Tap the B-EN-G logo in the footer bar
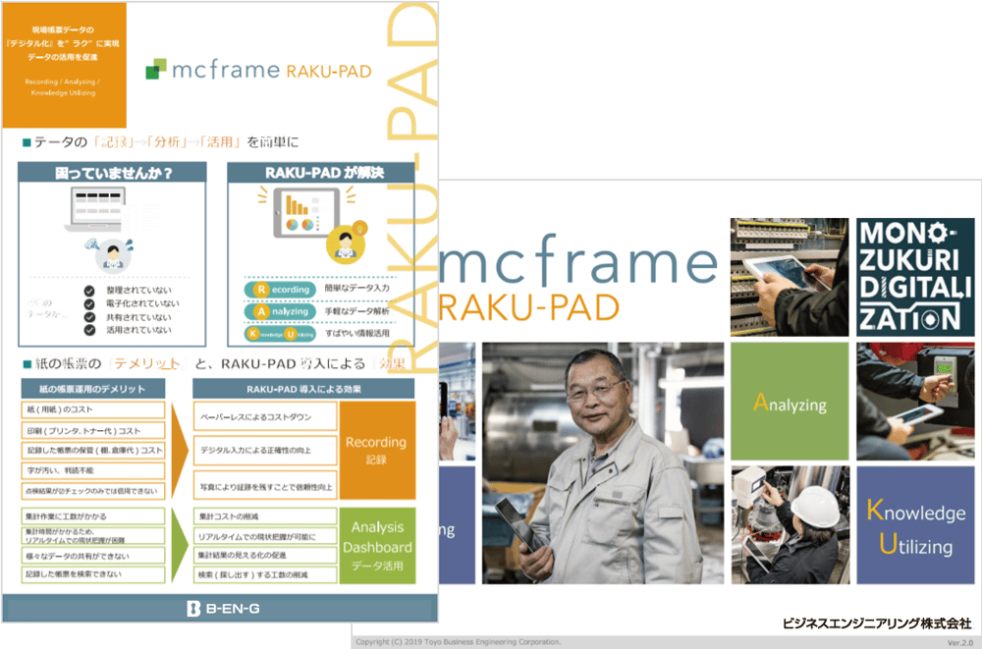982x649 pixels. click(x=223, y=610)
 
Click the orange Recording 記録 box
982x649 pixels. click(x=376, y=450)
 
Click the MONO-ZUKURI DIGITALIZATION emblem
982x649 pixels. click(x=907, y=274)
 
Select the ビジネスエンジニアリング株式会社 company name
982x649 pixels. click(x=876, y=622)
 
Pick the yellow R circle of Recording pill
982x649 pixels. click(x=260, y=290)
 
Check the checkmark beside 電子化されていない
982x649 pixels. click(x=89, y=304)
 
